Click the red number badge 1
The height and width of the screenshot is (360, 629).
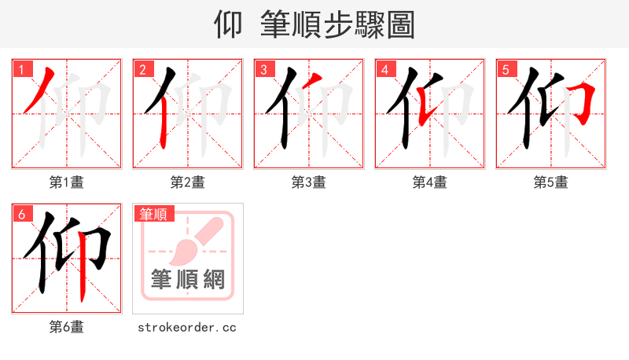click(21, 69)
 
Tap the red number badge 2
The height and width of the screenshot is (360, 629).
click(142, 69)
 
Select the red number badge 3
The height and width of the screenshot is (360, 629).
click(263, 69)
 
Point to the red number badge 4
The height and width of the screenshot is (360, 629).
click(384, 69)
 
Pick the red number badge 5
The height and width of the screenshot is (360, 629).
click(506, 69)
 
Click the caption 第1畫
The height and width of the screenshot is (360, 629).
click(67, 182)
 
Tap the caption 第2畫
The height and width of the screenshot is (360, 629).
click(188, 182)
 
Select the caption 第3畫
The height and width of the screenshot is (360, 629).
click(309, 182)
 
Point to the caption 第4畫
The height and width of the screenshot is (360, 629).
click(430, 182)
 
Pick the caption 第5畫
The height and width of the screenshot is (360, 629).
click(551, 182)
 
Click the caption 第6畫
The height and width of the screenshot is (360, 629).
click(67, 327)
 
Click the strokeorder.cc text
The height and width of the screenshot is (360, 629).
click(187, 327)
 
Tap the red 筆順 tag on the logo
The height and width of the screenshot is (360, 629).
click(155, 214)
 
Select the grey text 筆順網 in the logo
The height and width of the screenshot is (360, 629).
click(188, 279)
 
